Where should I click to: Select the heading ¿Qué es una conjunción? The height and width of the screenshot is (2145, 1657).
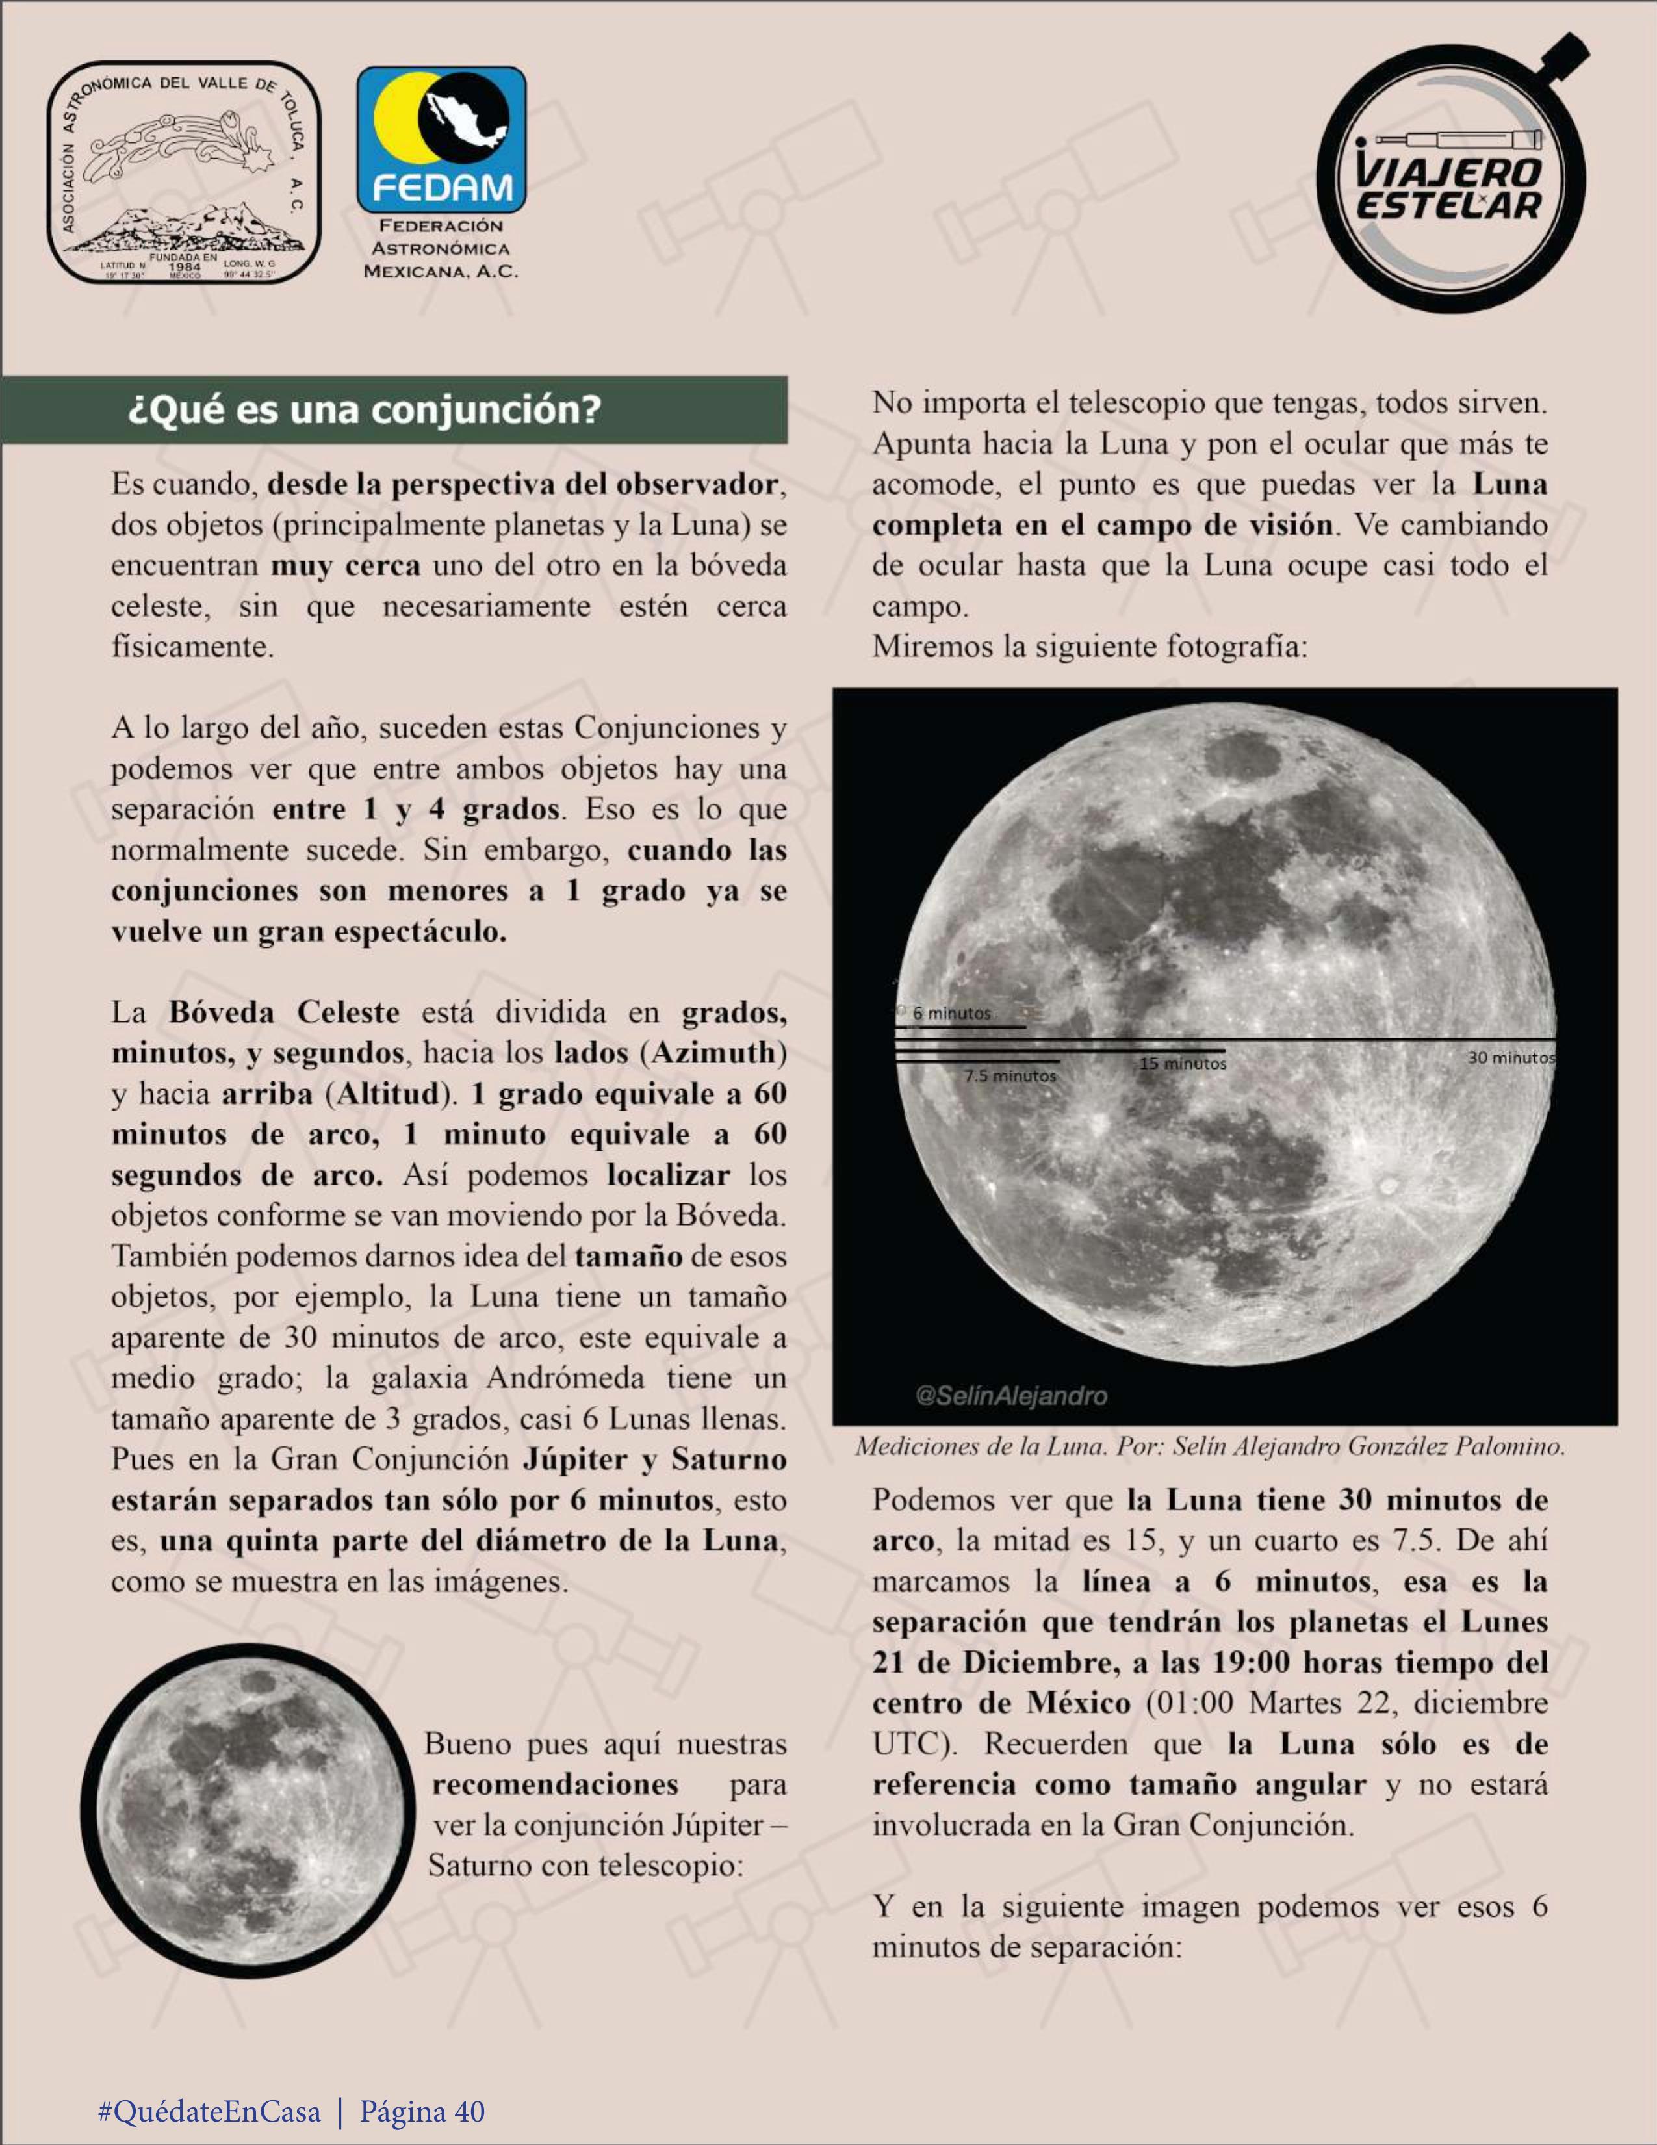point(365,409)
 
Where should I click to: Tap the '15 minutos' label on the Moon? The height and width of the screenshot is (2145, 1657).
point(1183,1064)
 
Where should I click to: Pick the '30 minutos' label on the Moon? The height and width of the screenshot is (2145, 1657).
point(1511,1058)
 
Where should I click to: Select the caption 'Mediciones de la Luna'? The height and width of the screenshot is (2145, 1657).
point(1209,1446)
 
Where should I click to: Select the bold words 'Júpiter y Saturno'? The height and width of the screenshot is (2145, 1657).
point(654,1459)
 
